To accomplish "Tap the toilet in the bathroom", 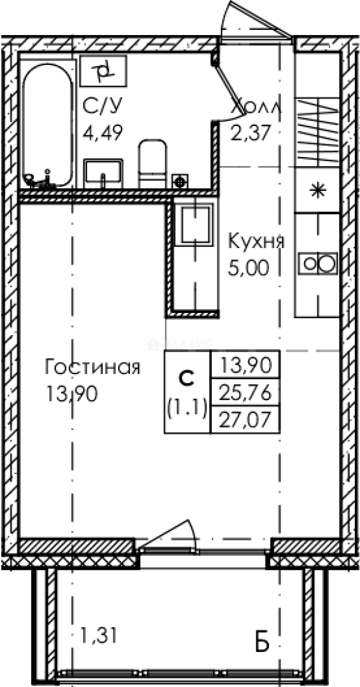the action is coord(153,164).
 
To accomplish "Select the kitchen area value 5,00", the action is coord(248,268).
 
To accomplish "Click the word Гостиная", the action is coord(92,367).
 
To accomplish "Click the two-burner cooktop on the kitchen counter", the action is coord(317,263).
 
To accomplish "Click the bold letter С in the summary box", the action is coord(186,378).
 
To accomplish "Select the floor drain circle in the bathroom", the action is coord(179,181).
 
